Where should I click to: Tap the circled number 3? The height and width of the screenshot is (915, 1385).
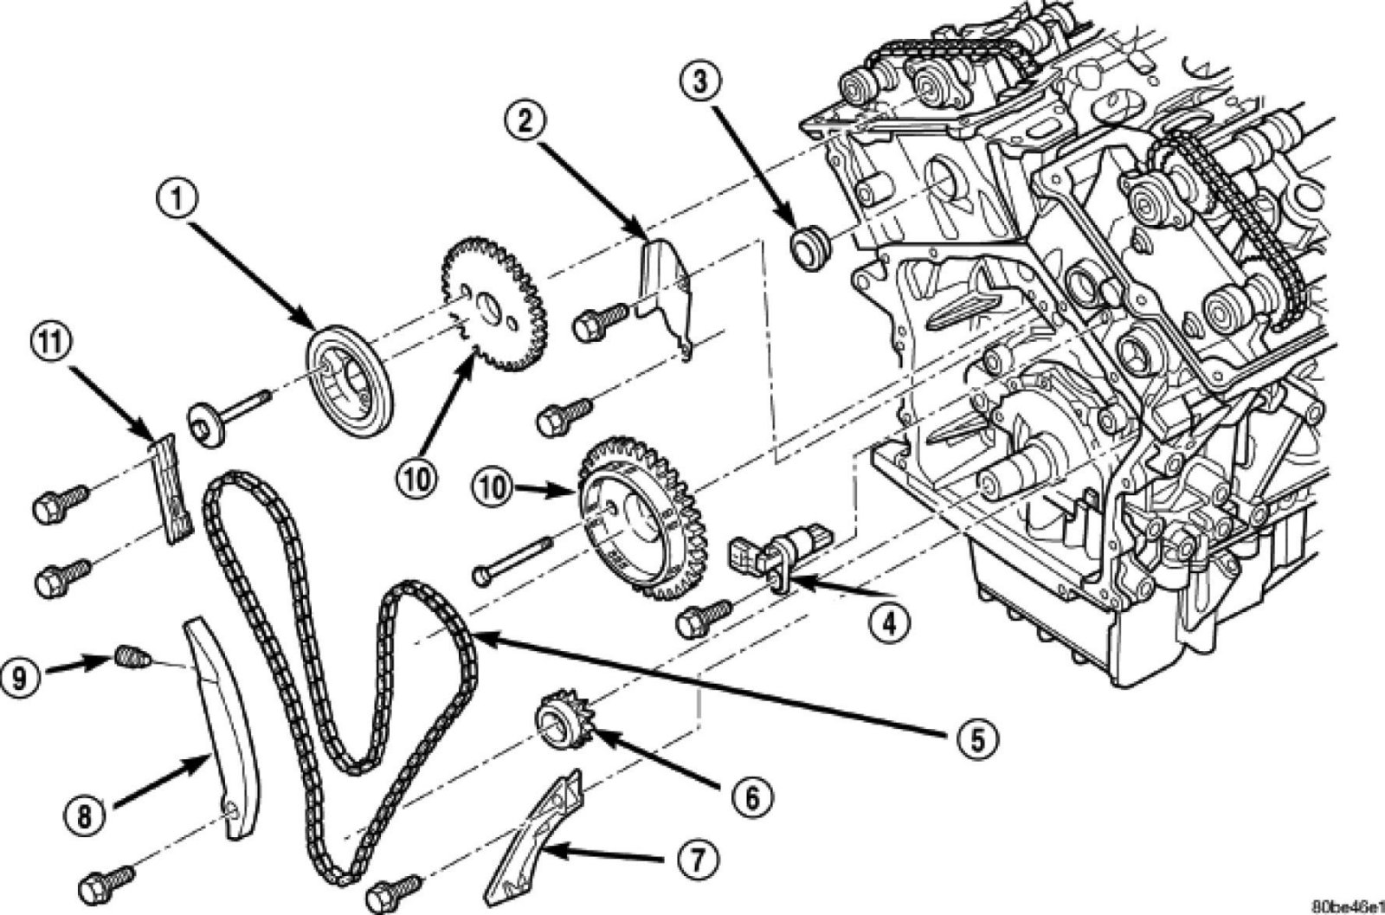(x=699, y=84)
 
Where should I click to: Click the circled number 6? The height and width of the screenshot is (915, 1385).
(x=750, y=797)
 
